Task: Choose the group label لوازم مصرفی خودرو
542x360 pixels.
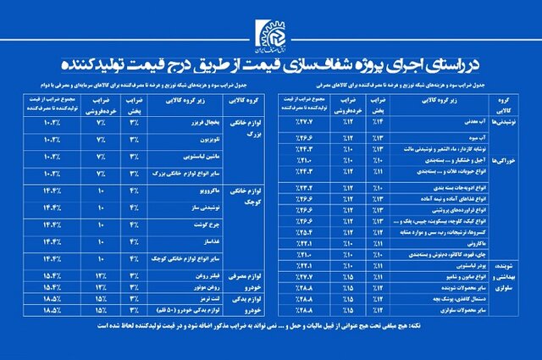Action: [246, 281]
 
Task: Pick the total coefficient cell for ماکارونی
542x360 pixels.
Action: [301, 241]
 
